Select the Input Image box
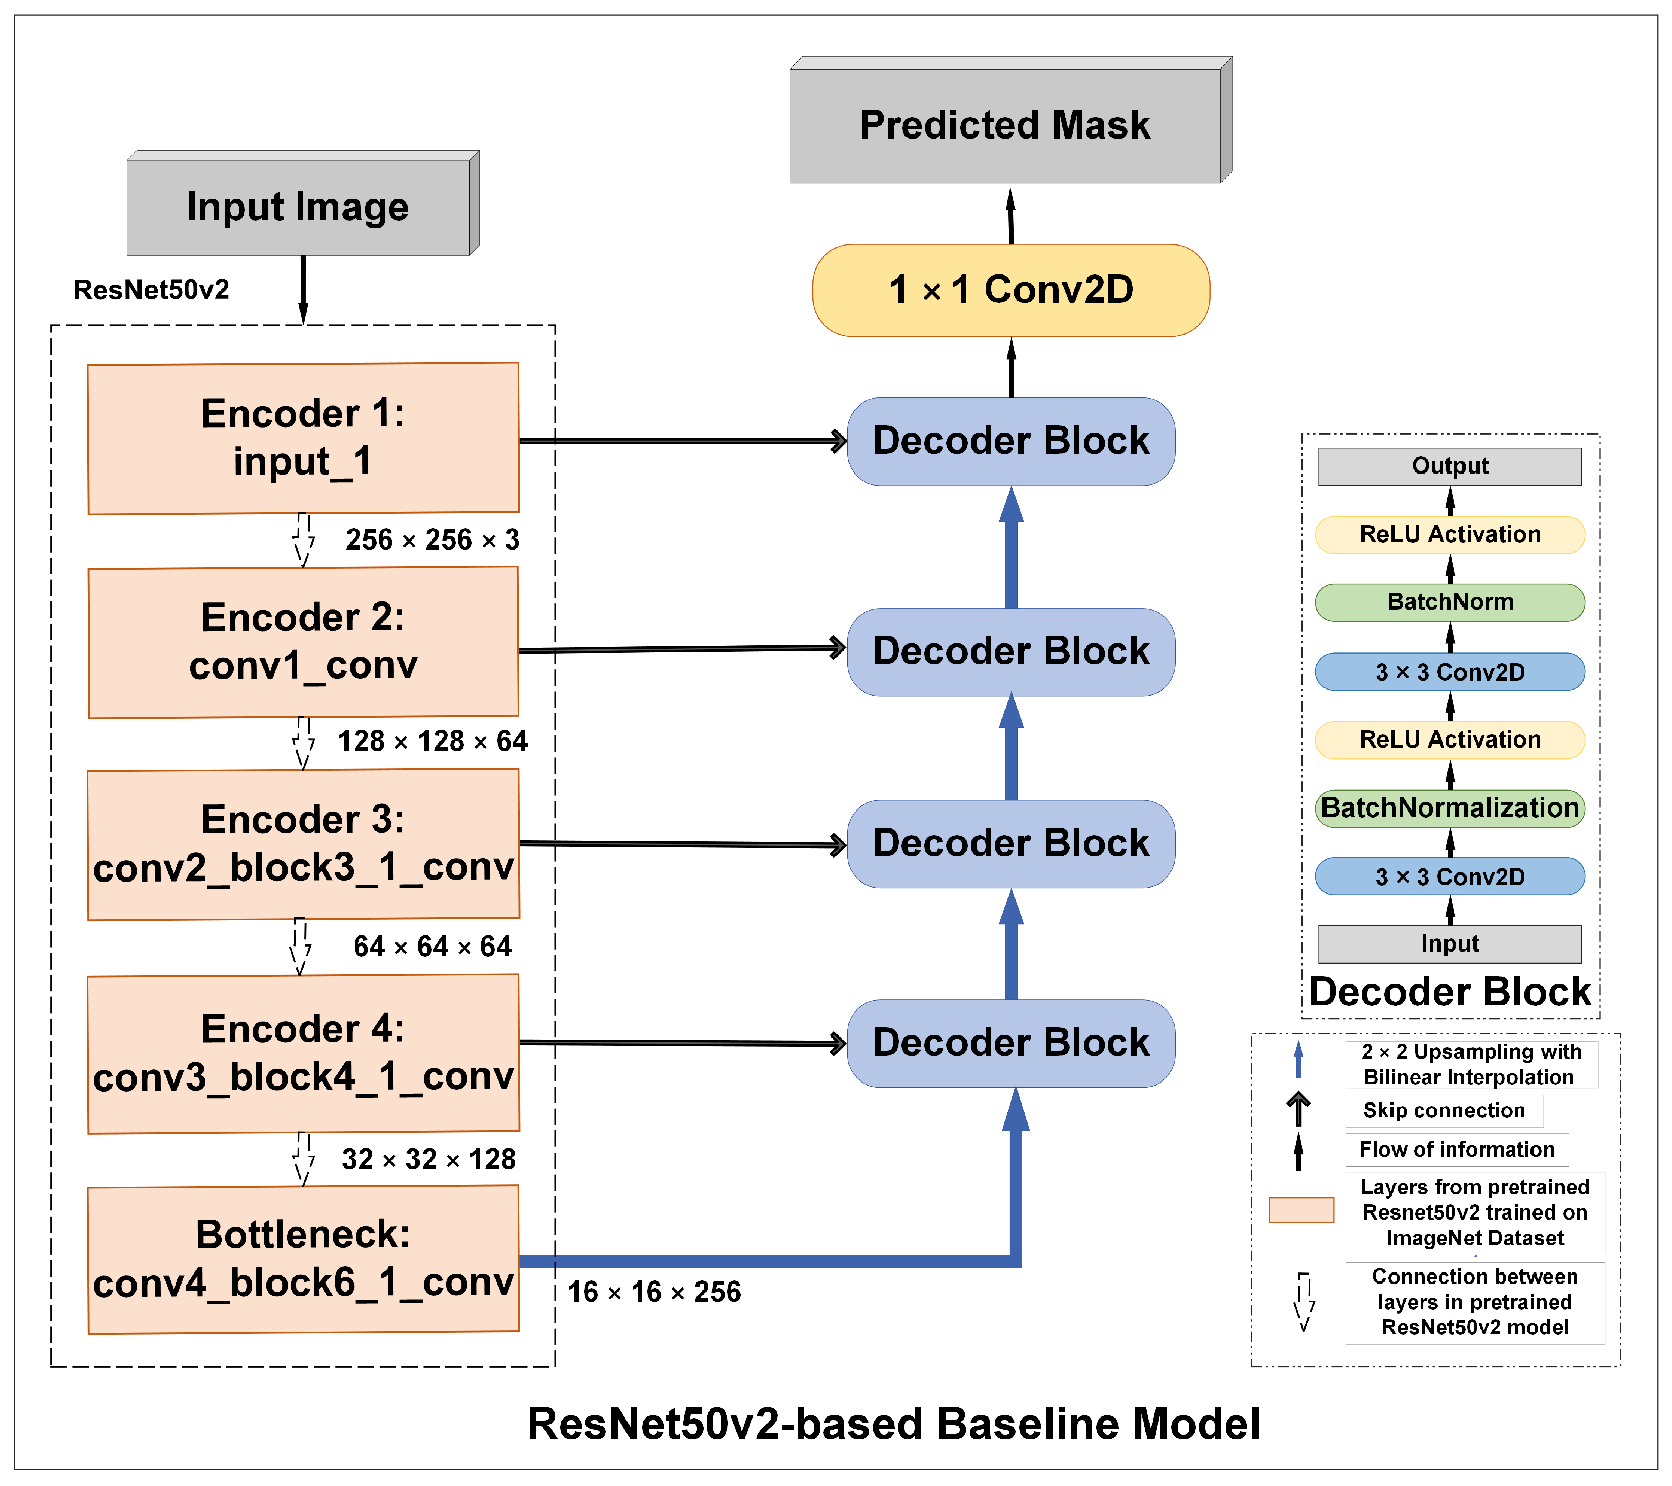coord(299,206)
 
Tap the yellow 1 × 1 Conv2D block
coord(1011,290)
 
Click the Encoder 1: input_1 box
coord(303,438)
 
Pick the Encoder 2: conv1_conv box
coord(303,642)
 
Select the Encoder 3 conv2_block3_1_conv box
coord(303,844)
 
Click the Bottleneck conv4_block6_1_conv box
coord(303,1258)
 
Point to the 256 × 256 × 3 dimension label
coord(432,539)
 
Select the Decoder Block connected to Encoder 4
coord(1011,1043)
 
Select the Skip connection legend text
coord(1444,1110)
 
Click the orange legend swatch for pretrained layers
coord(1301,1209)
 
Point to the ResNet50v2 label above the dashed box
coord(151,290)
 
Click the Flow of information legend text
coord(1456,1149)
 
